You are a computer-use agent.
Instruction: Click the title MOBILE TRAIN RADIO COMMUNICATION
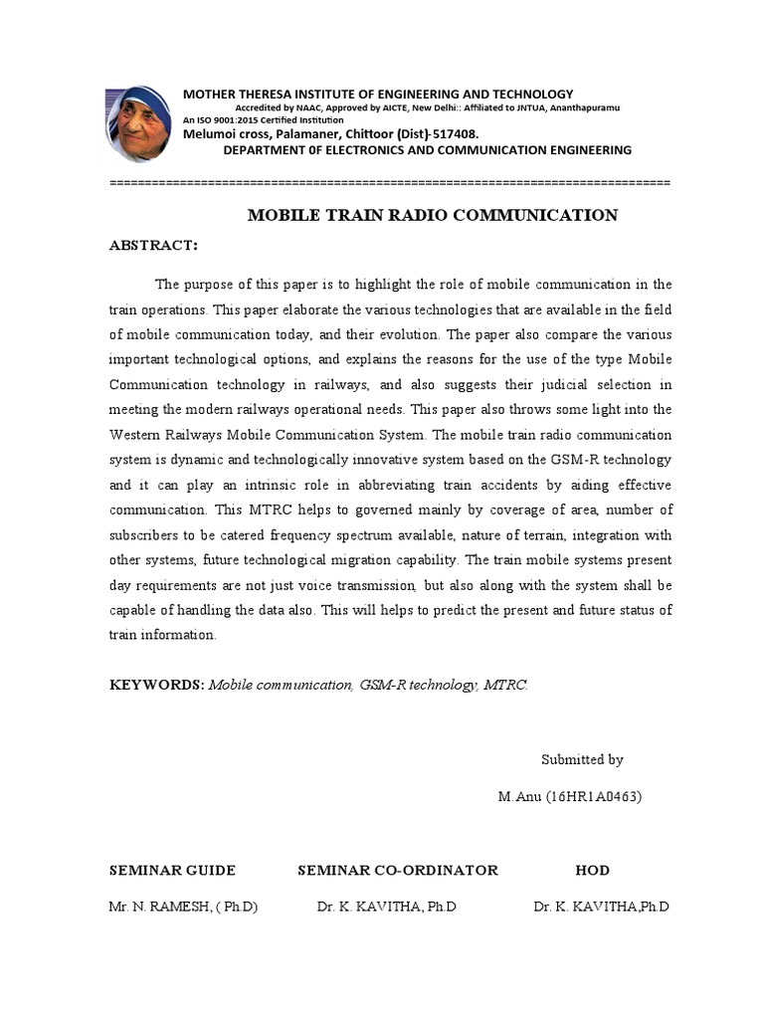(x=432, y=215)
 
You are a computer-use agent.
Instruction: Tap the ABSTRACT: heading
(x=153, y=246)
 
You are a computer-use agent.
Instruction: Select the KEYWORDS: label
(x=156, y=685)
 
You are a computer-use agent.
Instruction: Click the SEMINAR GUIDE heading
(x=172, y=871)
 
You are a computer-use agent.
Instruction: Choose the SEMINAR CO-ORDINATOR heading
(x=398, y=871)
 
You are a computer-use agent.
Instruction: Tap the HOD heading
(x=592, y=871)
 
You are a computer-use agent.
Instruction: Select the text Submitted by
(x=582, y=759)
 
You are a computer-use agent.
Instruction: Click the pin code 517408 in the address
(x=454, y=133)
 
